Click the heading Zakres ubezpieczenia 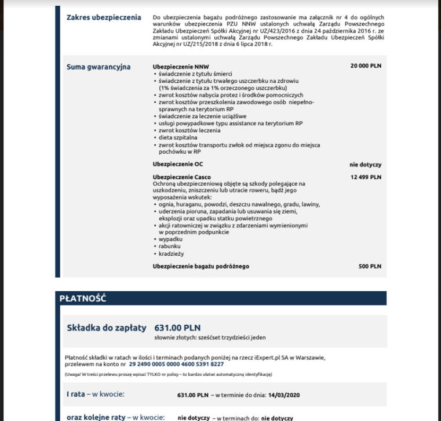pyautogui.click(x=104, y=17)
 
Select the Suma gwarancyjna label pyautogui.click(x=99, y=67)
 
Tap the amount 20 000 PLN pyautogui.click(x=366, y=66)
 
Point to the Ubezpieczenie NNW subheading pyautogui.click(x=173, y=67)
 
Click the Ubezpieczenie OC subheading pyautogui.click(x=170, y=164)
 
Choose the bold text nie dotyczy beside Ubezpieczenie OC pyautogui.click(x=365, y=165)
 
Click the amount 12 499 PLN pyautogui.click(x=366, y=177)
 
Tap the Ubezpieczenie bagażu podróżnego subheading pyautogui.click(x=201, y=266)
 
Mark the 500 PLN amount pyautogui.click(x=370, y=266)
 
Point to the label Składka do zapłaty pyautogui.click(x=107, y=328)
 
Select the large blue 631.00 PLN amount pyautogui.click(x=177, y=328)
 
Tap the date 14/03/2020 pyautogui.click(x=284, y=395)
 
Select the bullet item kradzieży pyautogui.click(x=172, y=253)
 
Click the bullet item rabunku pyautogui.click(x=170, y=246)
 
